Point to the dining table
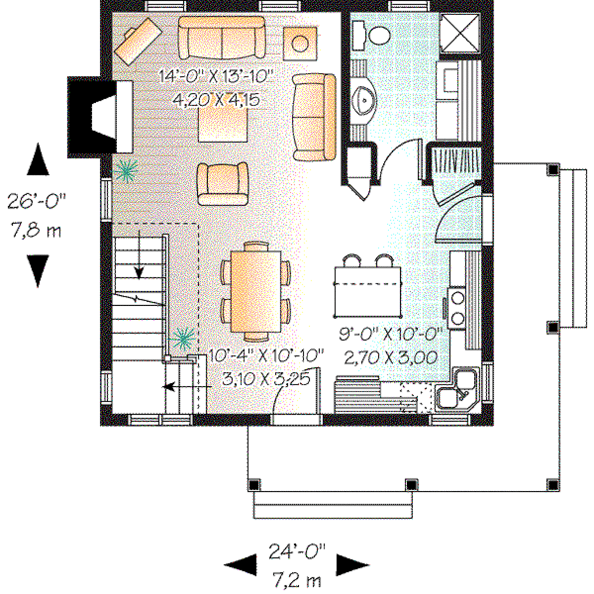pos(256,291)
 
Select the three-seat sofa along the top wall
pos(222,38)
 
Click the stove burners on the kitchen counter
pos(457,307)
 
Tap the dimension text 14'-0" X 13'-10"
pos(216,76)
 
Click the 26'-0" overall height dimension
pos(36,201)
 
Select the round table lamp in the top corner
pos(300,43)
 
